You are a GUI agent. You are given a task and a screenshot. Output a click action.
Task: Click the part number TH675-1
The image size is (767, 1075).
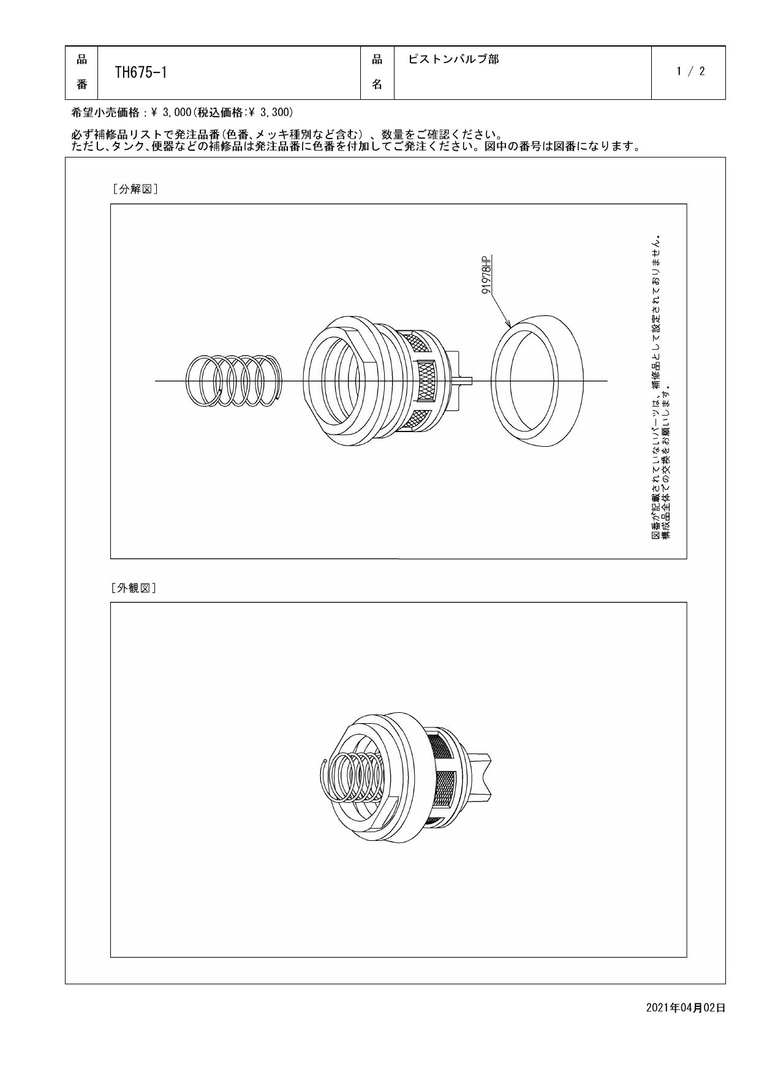[141, 72]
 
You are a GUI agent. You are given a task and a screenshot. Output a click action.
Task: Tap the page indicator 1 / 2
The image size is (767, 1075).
[690, 72]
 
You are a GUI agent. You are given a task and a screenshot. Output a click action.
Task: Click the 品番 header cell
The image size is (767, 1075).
[81, 72]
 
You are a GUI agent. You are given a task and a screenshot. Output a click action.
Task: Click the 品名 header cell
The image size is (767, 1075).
[377, 72]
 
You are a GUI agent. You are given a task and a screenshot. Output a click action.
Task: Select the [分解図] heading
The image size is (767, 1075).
[135, 189]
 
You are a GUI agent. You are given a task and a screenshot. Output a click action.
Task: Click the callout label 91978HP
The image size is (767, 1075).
[487, 276]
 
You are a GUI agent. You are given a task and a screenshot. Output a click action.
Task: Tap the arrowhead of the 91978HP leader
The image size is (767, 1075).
[508, 325]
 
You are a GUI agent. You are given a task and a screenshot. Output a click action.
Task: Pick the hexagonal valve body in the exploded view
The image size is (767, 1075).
[343, 380]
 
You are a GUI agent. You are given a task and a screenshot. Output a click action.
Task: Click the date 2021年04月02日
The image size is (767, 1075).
[686, 1008]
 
